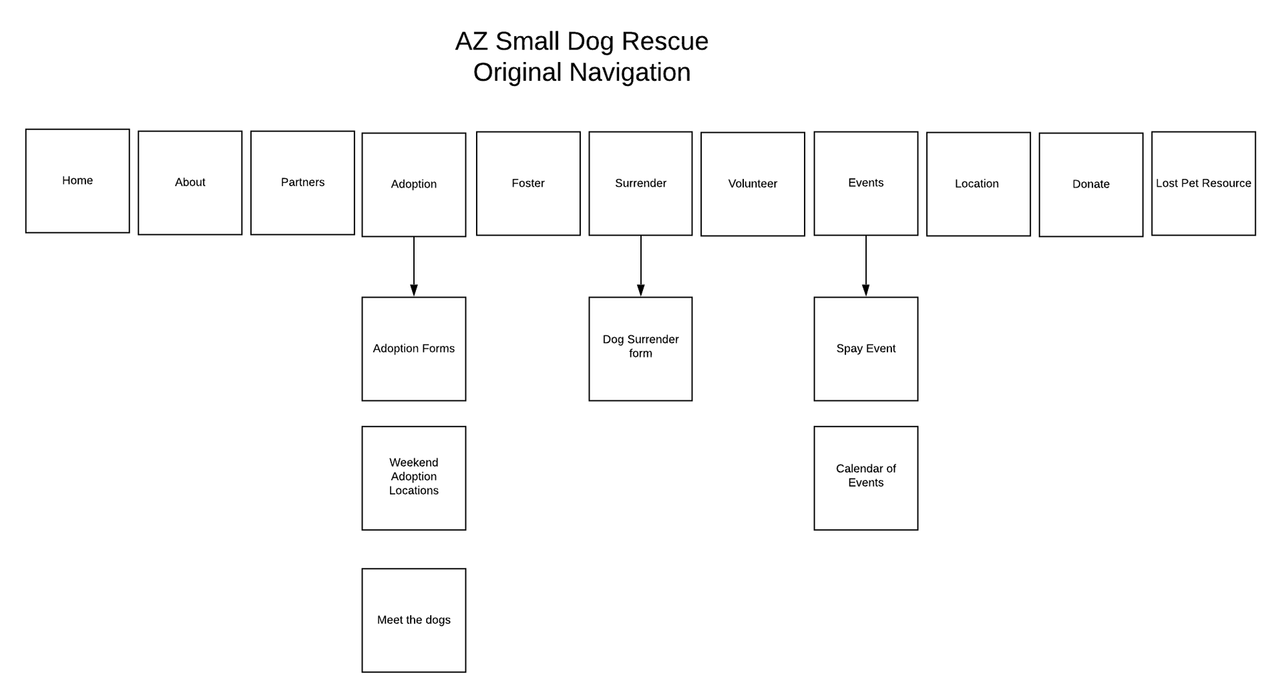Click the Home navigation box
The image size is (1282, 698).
click(x=77, y=181)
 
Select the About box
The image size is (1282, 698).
click(x=190, y=183)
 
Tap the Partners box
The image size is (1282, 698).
click(x=302, y=183)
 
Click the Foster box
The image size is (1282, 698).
click(x=528, y=184)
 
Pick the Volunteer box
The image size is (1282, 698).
click(x=753, y=184)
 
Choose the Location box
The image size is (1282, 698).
click(x=978, y=184)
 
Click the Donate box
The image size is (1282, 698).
click(x=1091, y=185)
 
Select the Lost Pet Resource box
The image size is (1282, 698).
click(x=1203, y=184)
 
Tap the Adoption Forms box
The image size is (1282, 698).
click(x=414, y=349)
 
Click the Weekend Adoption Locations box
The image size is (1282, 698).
click(x=414, y=478)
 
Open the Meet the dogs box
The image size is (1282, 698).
click(x=414, y=621)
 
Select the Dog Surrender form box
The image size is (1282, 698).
click(x=640, y=349)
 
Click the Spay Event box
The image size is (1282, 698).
click(x=866, y=349)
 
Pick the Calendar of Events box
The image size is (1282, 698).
click(x=866, y=478)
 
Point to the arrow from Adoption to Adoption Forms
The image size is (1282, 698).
click(x=414, y=266)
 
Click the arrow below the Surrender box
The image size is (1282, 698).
click(x=641, y=266)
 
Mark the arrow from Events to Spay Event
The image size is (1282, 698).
click(x=866, y=266)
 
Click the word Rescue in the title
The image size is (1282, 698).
click(x=665, y=41)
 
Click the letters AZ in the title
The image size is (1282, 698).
click(x=471, y=41)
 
